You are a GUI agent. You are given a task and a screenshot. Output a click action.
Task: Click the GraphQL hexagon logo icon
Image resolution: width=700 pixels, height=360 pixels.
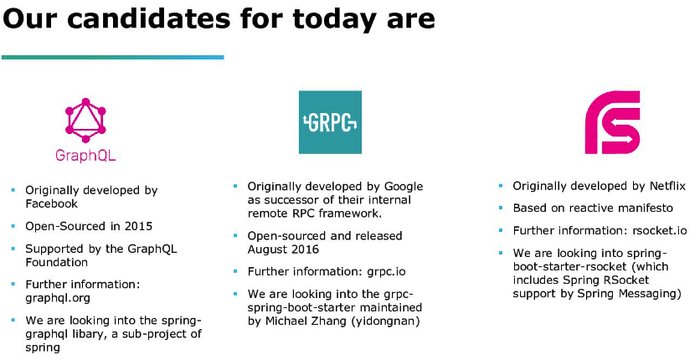85,121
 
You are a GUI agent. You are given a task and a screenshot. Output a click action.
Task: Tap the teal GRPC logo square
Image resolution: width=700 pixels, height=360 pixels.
330,122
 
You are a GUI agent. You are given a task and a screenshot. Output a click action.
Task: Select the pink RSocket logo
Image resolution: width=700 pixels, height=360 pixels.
613,122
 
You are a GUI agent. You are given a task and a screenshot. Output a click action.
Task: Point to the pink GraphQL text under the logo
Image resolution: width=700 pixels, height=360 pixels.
85,156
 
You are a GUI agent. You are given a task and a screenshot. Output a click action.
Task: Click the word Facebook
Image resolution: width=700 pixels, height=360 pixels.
51,204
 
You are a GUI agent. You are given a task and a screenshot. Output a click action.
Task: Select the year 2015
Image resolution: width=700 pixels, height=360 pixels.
138,226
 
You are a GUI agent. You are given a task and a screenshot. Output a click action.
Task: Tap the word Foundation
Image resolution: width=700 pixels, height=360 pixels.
56,262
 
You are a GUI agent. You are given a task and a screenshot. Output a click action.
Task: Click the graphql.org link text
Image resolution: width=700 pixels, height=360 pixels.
58,298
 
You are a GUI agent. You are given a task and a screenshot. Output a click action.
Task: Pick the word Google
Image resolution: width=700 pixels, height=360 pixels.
404,187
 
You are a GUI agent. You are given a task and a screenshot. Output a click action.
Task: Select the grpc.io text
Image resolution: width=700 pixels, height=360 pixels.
387,271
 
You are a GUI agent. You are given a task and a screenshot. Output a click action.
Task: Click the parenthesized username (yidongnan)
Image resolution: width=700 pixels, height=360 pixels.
383,321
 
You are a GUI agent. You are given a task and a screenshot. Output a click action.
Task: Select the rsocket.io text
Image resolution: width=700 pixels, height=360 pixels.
660,230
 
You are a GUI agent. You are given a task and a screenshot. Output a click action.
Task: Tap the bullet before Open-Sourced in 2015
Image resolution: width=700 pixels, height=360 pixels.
13,226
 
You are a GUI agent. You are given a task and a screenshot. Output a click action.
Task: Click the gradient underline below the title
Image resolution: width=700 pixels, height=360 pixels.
112,57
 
